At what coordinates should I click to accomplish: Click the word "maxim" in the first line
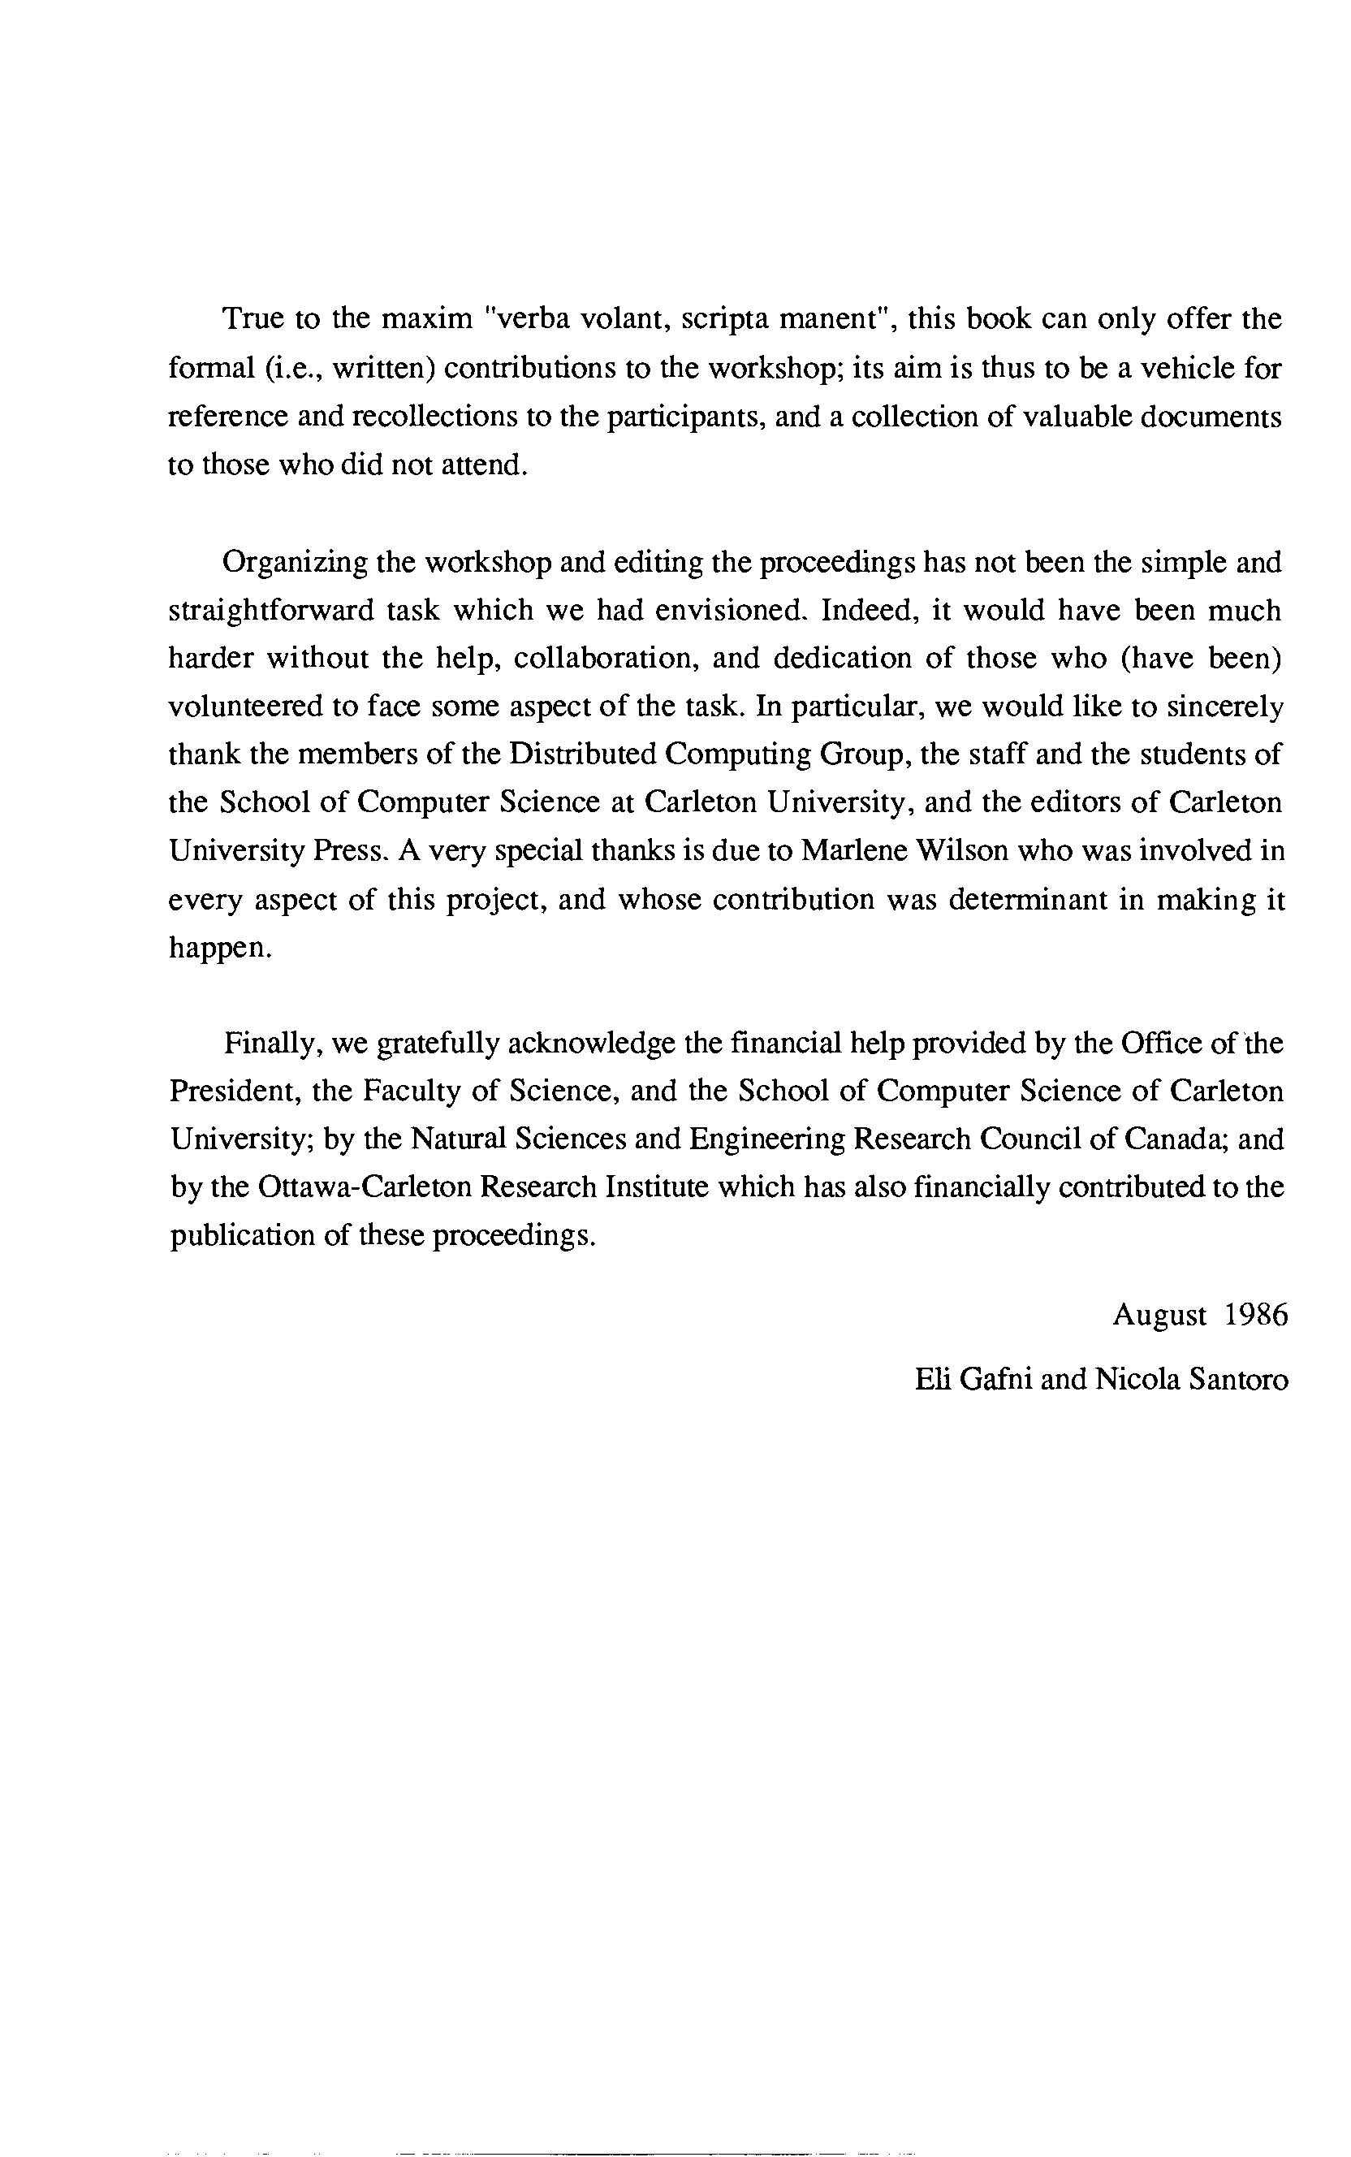pos(433,320)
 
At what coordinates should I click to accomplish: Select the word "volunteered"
pos(245,707)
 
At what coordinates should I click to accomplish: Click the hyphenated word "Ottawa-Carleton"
pos(363,1187)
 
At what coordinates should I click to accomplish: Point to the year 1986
pos(1256,1316)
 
